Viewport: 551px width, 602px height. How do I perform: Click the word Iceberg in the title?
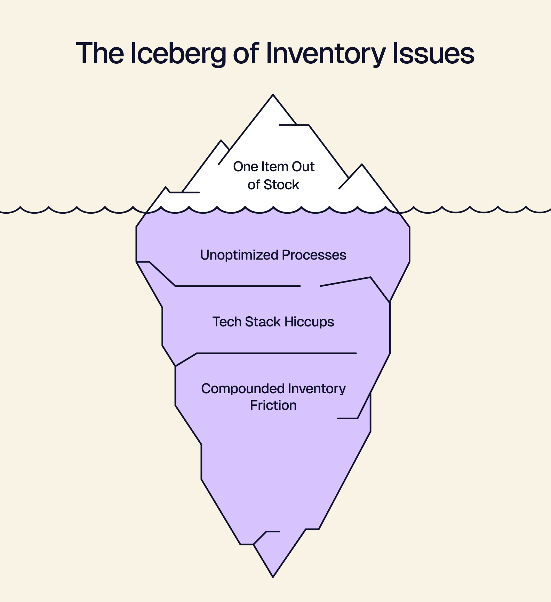click(178, 54)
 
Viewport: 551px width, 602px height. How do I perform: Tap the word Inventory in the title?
click(325, 54)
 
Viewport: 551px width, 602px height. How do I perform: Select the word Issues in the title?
click(433, 54)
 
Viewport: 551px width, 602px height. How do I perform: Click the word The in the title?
click(100, 54)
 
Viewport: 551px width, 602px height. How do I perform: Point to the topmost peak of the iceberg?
click(273, 95)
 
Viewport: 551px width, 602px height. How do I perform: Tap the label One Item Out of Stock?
click(273, 175)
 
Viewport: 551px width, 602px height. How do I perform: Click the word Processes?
click(314, 255)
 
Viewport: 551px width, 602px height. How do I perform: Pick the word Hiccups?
click(309, 322)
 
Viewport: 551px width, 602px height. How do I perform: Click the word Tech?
click(227, 322)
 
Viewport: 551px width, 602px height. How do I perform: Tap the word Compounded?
click(242, 389)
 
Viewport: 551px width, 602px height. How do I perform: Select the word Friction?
click(273, 405)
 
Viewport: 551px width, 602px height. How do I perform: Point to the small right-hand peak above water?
click(362, 166)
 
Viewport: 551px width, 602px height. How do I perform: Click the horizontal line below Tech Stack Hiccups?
click(277, 353)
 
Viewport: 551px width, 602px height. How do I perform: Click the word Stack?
click(263, 322)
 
